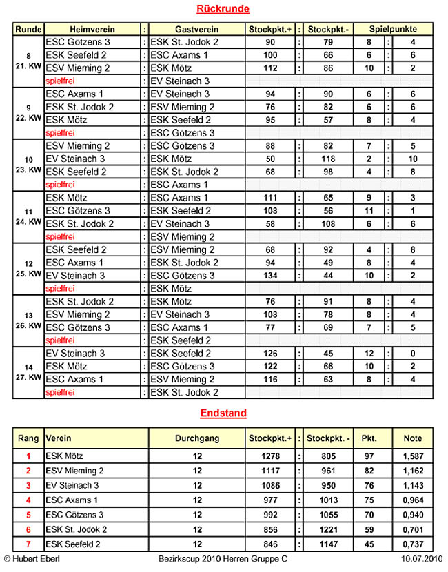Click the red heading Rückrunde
point(223,9)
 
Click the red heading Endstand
point(223,413)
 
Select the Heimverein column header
point(92,30)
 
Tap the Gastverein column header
point(197,30)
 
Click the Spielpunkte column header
point(393,30)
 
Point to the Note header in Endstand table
point(413,438)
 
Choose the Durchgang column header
point(197,438)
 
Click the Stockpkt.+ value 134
point(269,276)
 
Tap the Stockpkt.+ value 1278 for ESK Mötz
point(269,456)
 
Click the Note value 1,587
point(413,456)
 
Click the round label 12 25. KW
point(28,269)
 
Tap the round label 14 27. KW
point(28,373)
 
